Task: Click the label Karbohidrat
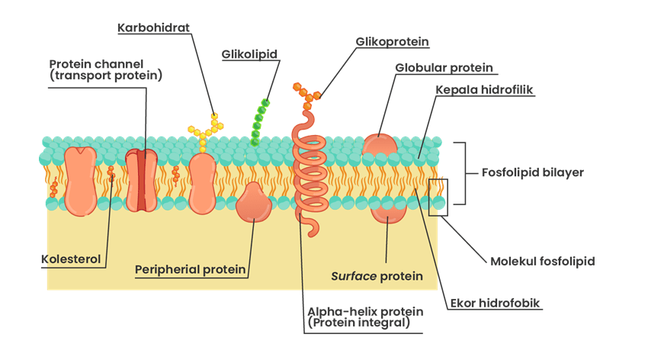[153, 28]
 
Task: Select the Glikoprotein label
[392, 41]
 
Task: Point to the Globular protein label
[444, 67]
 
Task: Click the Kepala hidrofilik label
[484, 90]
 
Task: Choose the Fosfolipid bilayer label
[533, 172]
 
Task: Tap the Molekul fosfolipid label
[541, 261]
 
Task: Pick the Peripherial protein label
[191, 269]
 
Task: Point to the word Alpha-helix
[336, 312]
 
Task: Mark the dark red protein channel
[142, 181]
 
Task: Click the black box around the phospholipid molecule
[438, 196]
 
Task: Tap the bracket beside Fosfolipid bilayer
[461, 173]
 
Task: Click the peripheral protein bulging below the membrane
[254, 204]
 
